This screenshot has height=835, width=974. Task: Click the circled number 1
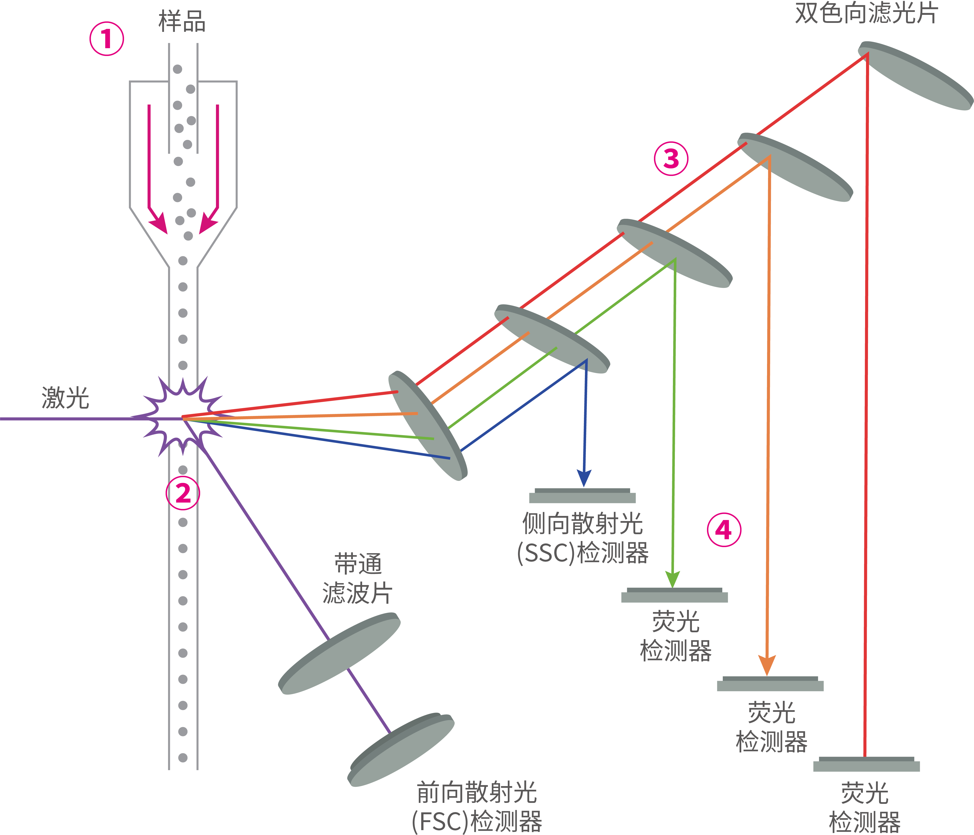click(x=107, y=39)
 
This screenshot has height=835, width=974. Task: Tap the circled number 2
click(x=183, y=493)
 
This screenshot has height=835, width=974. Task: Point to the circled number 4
click(x=724, y=530)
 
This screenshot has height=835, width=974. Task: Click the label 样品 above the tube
click(x=182, y=22)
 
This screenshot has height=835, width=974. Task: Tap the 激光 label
click(x=65, y=398)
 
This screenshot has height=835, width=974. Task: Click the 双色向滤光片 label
click(x=866, y=13)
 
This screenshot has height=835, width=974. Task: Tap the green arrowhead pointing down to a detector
click(x=673, y=579)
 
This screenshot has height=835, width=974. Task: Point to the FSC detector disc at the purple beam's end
click(x=401, y=750)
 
